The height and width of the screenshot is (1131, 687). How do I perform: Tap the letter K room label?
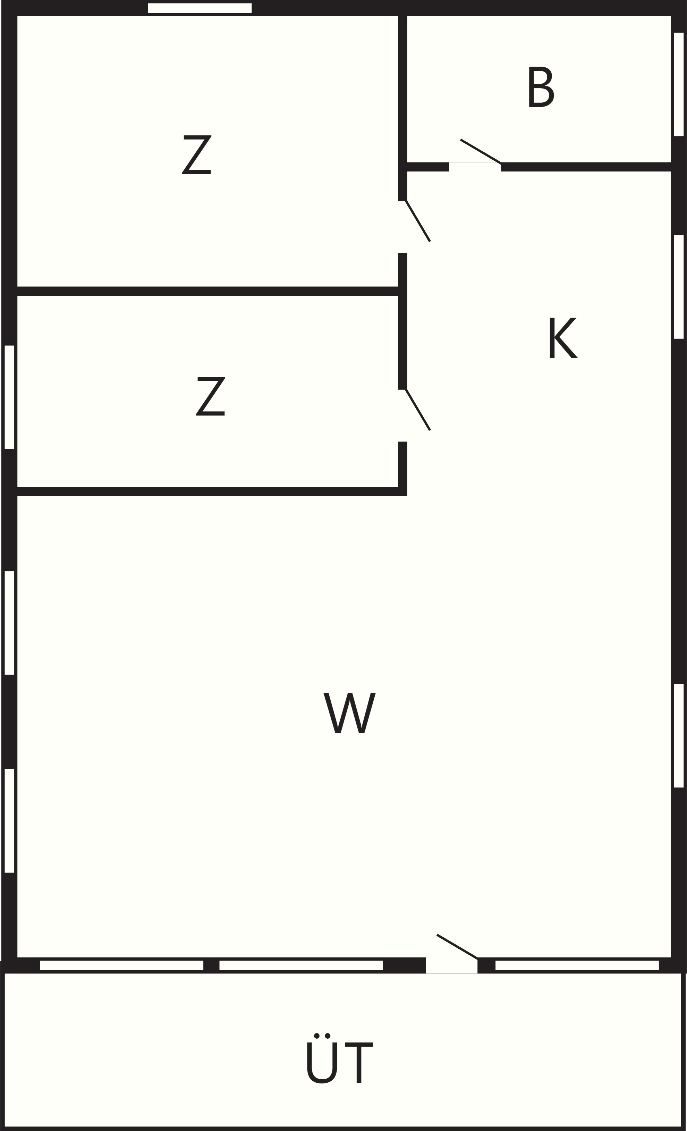click(563, 337)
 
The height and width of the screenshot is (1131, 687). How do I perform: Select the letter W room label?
click(350, 713)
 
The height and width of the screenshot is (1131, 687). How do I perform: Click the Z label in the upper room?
click(197, 155)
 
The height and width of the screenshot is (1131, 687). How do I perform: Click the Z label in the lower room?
click(211, 396)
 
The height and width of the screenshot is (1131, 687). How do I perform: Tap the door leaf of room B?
click(481, 151)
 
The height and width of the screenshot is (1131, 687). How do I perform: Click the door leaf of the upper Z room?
click(418, 221)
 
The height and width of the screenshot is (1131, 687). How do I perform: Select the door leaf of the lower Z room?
click(418, 410)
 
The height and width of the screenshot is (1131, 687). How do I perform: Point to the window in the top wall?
click(200, 8)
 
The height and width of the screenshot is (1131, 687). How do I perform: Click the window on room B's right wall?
click(679, 84)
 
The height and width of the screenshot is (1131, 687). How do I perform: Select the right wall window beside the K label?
click(679, 286)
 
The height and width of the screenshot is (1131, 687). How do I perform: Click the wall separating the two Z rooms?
click(207, 291)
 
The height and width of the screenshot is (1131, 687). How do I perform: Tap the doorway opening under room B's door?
click(475, 167)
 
